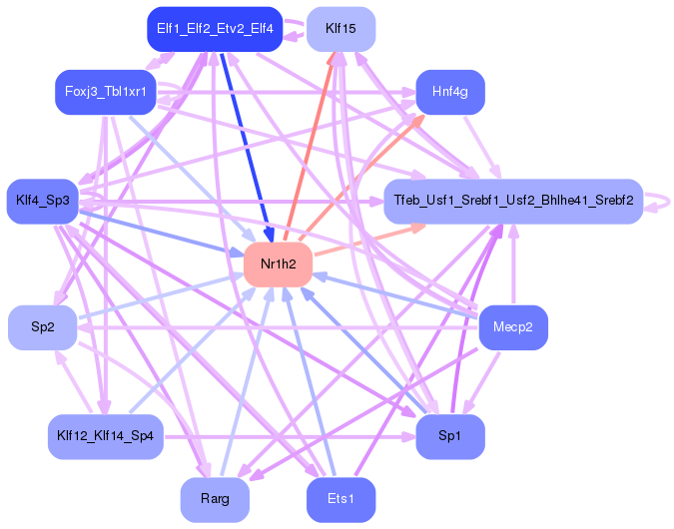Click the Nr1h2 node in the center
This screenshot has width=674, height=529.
pos(279,264)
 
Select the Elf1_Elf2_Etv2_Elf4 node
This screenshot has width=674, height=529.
pos(215,29)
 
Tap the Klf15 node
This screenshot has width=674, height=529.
pos(340,29)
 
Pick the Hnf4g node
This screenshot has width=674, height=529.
pos(450,92)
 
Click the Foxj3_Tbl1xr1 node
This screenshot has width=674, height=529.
pos(106,92)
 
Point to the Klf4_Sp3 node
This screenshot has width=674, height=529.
pos(43,201)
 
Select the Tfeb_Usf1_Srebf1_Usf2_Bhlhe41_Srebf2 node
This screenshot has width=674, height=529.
pos(513,201)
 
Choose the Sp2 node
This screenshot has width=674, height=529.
pos(43,327)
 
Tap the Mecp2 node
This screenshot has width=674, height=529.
pos(513,327)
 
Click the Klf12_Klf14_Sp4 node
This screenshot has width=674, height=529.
pos(106,436)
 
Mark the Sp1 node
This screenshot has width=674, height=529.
pos(450,436)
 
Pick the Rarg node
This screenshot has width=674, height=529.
pos(215,499)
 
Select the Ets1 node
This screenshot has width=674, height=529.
pos(340,499)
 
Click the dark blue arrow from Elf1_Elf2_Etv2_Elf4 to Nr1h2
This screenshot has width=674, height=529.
pos(247,147)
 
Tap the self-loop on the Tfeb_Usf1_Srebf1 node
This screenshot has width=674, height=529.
pos(658,202)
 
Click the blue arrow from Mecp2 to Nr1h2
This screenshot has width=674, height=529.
pos(395,295)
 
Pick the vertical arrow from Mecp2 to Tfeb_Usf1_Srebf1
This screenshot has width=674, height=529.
pos(513,264)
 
